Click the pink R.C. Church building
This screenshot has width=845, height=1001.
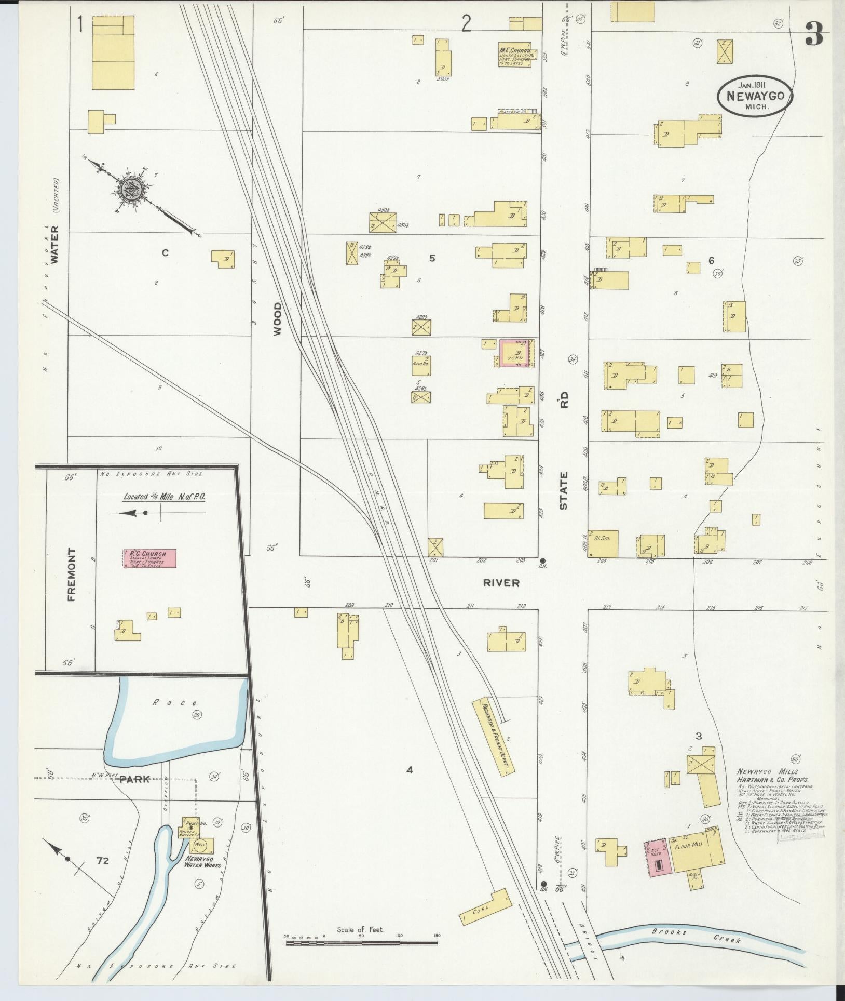(x=149, y=559)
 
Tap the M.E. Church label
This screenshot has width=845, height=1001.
(x=515, y=51)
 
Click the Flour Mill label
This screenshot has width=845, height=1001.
(x=688, y=844)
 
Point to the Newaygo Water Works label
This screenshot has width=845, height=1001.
(x=203, y=862)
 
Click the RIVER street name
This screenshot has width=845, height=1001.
(x=501, y=583)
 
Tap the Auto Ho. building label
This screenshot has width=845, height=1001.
(x=422, y=364)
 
